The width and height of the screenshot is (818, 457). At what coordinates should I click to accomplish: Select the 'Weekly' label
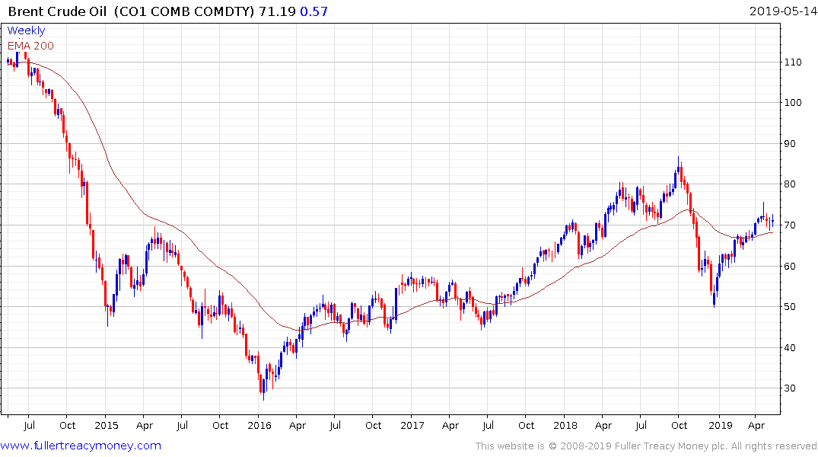26,30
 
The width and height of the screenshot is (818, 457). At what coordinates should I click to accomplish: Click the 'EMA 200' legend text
30,45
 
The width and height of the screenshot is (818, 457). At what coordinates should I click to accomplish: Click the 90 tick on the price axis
794,143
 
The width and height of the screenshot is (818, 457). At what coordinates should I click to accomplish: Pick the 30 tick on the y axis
794,388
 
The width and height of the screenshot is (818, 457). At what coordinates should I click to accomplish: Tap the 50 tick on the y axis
794,307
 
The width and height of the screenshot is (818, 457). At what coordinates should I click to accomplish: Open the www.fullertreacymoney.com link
81,446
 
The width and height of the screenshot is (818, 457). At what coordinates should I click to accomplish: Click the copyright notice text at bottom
646,446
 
